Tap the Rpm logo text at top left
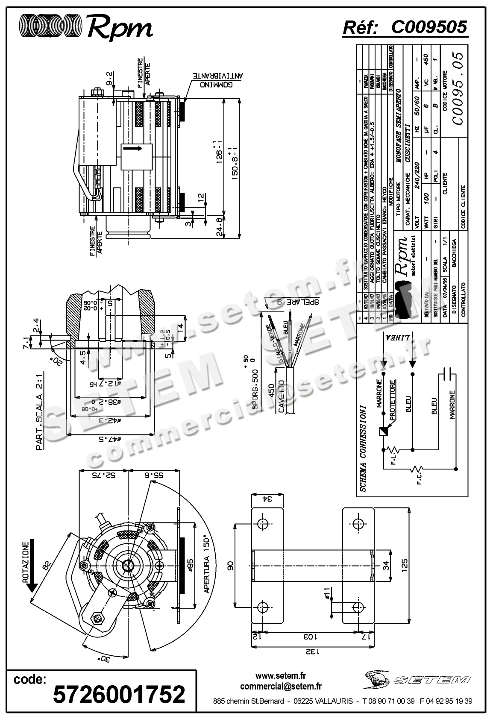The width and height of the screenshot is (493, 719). tap(120, 28)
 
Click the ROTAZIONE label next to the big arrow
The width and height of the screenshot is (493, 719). tap(26, 562)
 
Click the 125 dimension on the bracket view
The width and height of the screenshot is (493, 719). tap(405, 565)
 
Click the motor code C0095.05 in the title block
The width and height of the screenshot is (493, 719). tap(457, 88)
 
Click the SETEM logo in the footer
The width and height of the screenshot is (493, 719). tap(417, 679)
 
